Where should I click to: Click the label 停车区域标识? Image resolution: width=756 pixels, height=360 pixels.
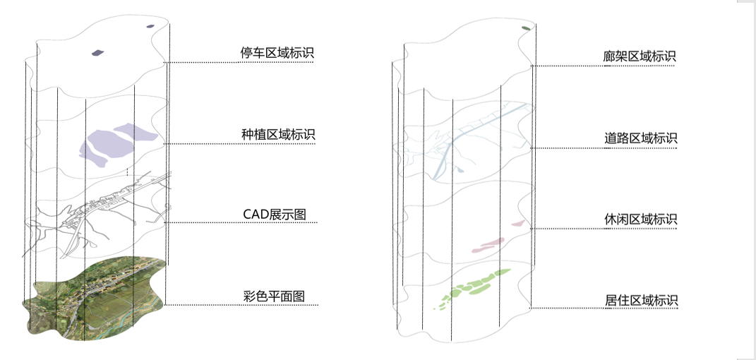[277, 53]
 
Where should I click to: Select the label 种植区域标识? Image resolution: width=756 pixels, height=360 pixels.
[277, 134]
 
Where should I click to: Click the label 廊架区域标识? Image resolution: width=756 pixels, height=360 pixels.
[641, 56]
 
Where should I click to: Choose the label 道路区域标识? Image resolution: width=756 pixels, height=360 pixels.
[641, 138]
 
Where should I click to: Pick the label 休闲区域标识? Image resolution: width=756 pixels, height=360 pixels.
[641, 220]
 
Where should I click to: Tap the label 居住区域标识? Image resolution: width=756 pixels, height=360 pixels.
[641, 300]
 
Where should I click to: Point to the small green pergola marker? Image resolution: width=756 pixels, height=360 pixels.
[526, 28]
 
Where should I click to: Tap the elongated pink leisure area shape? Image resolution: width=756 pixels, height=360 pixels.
[488, 245]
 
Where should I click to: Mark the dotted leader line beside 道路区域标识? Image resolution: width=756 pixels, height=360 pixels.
[604, 148]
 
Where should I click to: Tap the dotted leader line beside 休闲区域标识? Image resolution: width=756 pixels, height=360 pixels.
[604, 229]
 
